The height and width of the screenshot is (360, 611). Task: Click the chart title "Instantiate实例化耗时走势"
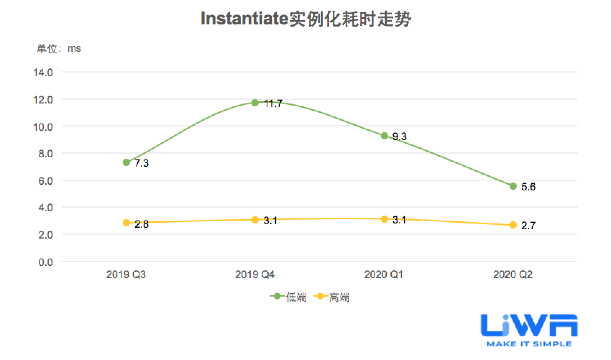coord(305,19)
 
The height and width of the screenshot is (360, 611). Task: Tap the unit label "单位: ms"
coord(59,49)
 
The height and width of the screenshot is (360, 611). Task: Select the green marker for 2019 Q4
coord(255,103)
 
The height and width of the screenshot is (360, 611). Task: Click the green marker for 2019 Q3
coord(126,162)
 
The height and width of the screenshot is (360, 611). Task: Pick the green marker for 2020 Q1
coord(384,136)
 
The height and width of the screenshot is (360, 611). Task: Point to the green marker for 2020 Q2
coord(513,186)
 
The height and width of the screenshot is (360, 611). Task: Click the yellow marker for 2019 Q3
coord(126,223)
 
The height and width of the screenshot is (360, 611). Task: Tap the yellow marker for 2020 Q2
coord(513,225)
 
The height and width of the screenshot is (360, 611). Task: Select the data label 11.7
coord(273,104)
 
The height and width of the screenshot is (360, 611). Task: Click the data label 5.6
coord(528,187)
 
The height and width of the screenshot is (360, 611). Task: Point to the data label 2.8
coord(142,224)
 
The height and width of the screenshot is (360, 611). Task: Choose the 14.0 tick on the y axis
coord(43,73)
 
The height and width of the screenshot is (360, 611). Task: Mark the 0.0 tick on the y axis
coord(45,262)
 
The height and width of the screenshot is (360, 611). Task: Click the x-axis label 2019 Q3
coord(126,275)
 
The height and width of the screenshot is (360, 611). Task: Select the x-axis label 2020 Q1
coord(383,275)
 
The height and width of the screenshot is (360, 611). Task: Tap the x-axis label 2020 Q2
coord(513,275)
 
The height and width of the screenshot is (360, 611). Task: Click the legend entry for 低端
coord(289,297)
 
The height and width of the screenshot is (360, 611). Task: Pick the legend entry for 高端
coord(332,297)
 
